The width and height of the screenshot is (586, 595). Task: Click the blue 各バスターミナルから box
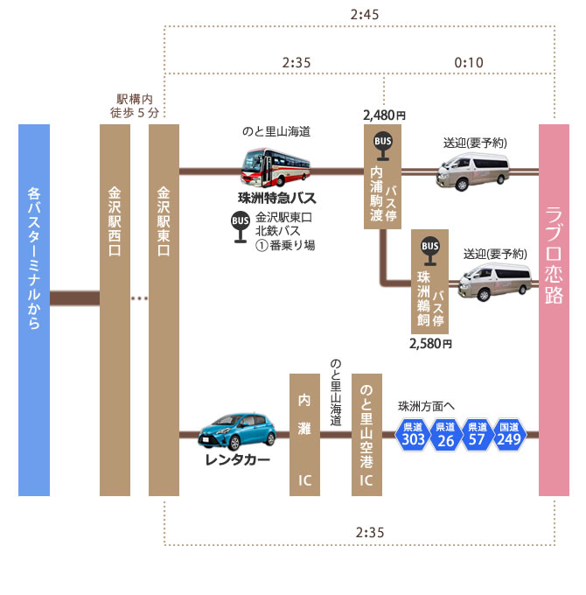click(x=34, y=310)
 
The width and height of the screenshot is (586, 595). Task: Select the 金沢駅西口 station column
click(x=115, y=310)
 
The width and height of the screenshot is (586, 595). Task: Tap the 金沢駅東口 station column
click(x=164, y=310)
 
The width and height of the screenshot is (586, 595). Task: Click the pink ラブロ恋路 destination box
click(x=555, y=310)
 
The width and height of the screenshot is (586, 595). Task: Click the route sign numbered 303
click(x=412, y=435)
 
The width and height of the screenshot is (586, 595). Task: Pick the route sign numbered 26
click(x=445, y=435)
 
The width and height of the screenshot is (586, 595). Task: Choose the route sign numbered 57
click(x=477, y=435)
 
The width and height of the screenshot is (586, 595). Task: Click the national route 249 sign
click(x=508, y=435)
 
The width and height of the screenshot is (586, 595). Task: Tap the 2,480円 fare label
click(x=384, y=115)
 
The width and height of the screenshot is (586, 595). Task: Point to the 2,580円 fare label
click(x=430, y=343)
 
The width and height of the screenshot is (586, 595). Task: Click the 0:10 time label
click(x=469, y=62)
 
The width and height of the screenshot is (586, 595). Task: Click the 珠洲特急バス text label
click(x=276, y=198)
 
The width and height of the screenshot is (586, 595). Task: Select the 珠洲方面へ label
click(x=427, y=406)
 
